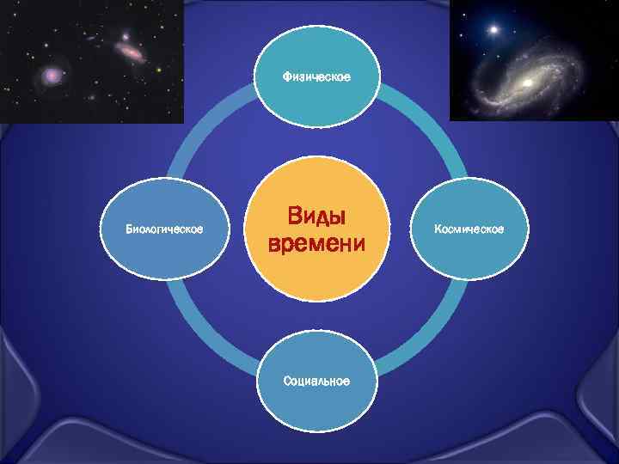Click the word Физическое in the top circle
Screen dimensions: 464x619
[316, 78]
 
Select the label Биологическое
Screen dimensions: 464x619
[164, 229]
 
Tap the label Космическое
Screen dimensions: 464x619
[469, 229]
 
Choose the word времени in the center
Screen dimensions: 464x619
[316, 244]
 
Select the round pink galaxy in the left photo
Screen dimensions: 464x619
[53, 76]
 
